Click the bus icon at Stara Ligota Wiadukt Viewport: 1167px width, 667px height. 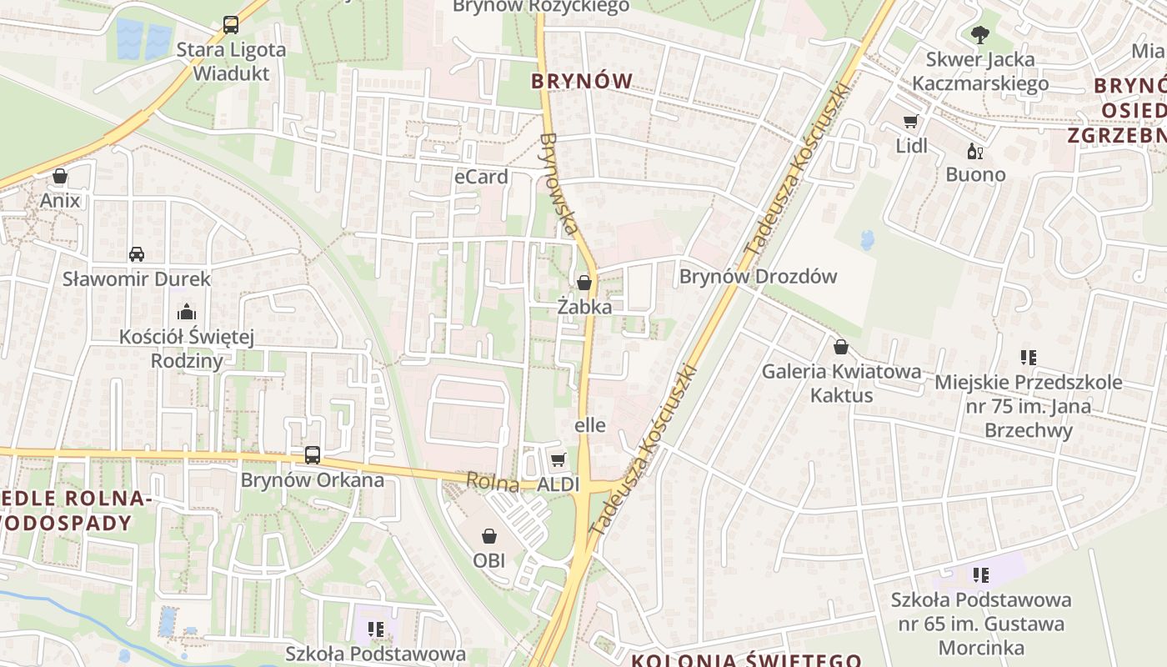tap(231, 25)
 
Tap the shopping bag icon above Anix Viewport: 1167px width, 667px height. tap(60, 176)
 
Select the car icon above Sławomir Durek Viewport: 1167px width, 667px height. tap(136, 253)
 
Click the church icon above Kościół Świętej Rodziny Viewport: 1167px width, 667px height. tap(186, 312)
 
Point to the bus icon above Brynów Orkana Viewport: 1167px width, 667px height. tap(313, 455)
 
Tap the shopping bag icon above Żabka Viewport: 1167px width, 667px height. tap(584, 283)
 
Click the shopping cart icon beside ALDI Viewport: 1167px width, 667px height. tap(558, 459)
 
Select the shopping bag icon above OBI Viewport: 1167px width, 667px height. tap(489, 536)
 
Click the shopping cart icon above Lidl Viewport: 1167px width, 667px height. tap(910, 122)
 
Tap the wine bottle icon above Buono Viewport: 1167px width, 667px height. tap(974, 151)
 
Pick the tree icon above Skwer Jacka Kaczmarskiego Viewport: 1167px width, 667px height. tap(979, 34)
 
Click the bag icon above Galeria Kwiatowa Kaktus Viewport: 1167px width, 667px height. tap(841, 347)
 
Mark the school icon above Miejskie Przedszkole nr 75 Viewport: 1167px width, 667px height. tap(1028, 358)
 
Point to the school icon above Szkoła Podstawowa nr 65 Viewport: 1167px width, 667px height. tap(980, 574)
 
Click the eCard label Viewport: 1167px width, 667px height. tap(481, 177)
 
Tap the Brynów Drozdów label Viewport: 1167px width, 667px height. tap(758, 277)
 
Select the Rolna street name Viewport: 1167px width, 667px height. tap(493, 482)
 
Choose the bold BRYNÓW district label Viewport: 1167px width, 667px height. tap(582, 81)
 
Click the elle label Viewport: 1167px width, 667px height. tap(590, 425)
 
